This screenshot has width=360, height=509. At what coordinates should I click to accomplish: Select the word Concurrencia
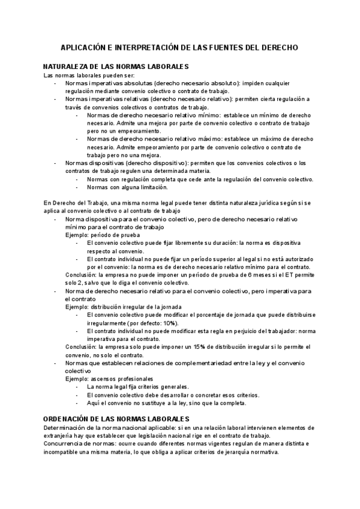pos(64,444)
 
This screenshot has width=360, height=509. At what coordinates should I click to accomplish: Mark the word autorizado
pos(293,259)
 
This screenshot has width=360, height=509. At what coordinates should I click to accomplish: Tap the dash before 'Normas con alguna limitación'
pos(77,187)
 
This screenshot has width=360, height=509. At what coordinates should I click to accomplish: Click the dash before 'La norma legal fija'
pos(77,387)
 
